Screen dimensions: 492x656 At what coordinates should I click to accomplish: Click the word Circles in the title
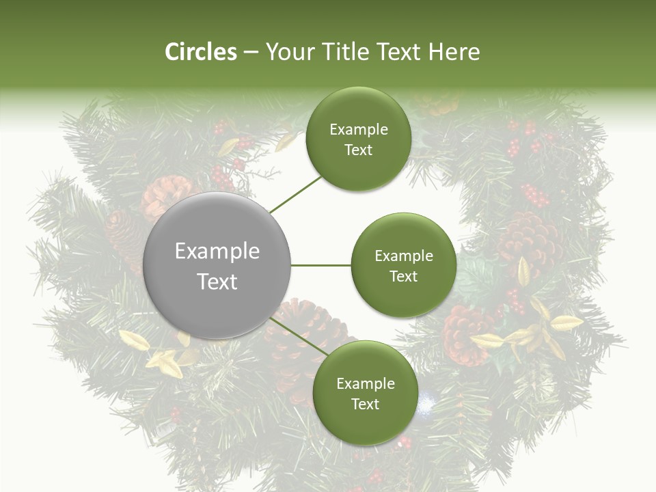click(x=201, y=52)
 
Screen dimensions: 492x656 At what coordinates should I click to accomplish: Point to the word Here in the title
click(x=454, y=52)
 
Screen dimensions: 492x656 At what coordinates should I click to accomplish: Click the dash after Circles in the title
click(x=251, y=53)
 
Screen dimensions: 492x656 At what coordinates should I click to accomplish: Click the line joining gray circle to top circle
click(x=295, y=194)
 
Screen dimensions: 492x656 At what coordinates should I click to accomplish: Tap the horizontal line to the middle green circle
click(x=321, y=264)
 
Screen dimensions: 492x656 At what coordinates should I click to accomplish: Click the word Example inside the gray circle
click(x=217, y=251)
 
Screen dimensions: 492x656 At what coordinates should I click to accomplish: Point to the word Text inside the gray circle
click(x=217, y=282)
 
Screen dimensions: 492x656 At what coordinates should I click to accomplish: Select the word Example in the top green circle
click(x=359, y=130)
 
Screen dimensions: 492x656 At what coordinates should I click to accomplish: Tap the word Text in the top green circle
click(x=358, y=150)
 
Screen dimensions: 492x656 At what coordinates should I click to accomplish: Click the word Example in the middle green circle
click(x=404, y=256)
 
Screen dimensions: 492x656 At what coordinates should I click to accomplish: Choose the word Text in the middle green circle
click(x=403, y=276)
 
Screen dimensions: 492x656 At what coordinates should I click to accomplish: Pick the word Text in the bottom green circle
click(x=365, y=404)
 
